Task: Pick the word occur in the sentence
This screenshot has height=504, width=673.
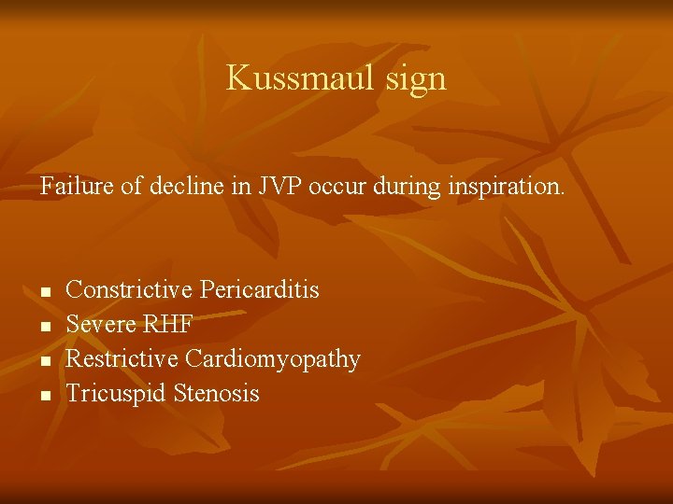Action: coord(317,186)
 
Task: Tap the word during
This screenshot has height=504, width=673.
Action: coord(383,186)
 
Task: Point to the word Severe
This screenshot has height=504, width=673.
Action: coord(99,325)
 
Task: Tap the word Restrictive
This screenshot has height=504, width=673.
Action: coord(123,359)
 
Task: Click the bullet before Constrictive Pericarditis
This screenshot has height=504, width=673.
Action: coord(45,293)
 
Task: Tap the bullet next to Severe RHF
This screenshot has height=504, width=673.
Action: coord(45,328)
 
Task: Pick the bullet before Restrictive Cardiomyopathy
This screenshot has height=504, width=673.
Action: coord(45,362)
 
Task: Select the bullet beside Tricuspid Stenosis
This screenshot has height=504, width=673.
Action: coord(45,397)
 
